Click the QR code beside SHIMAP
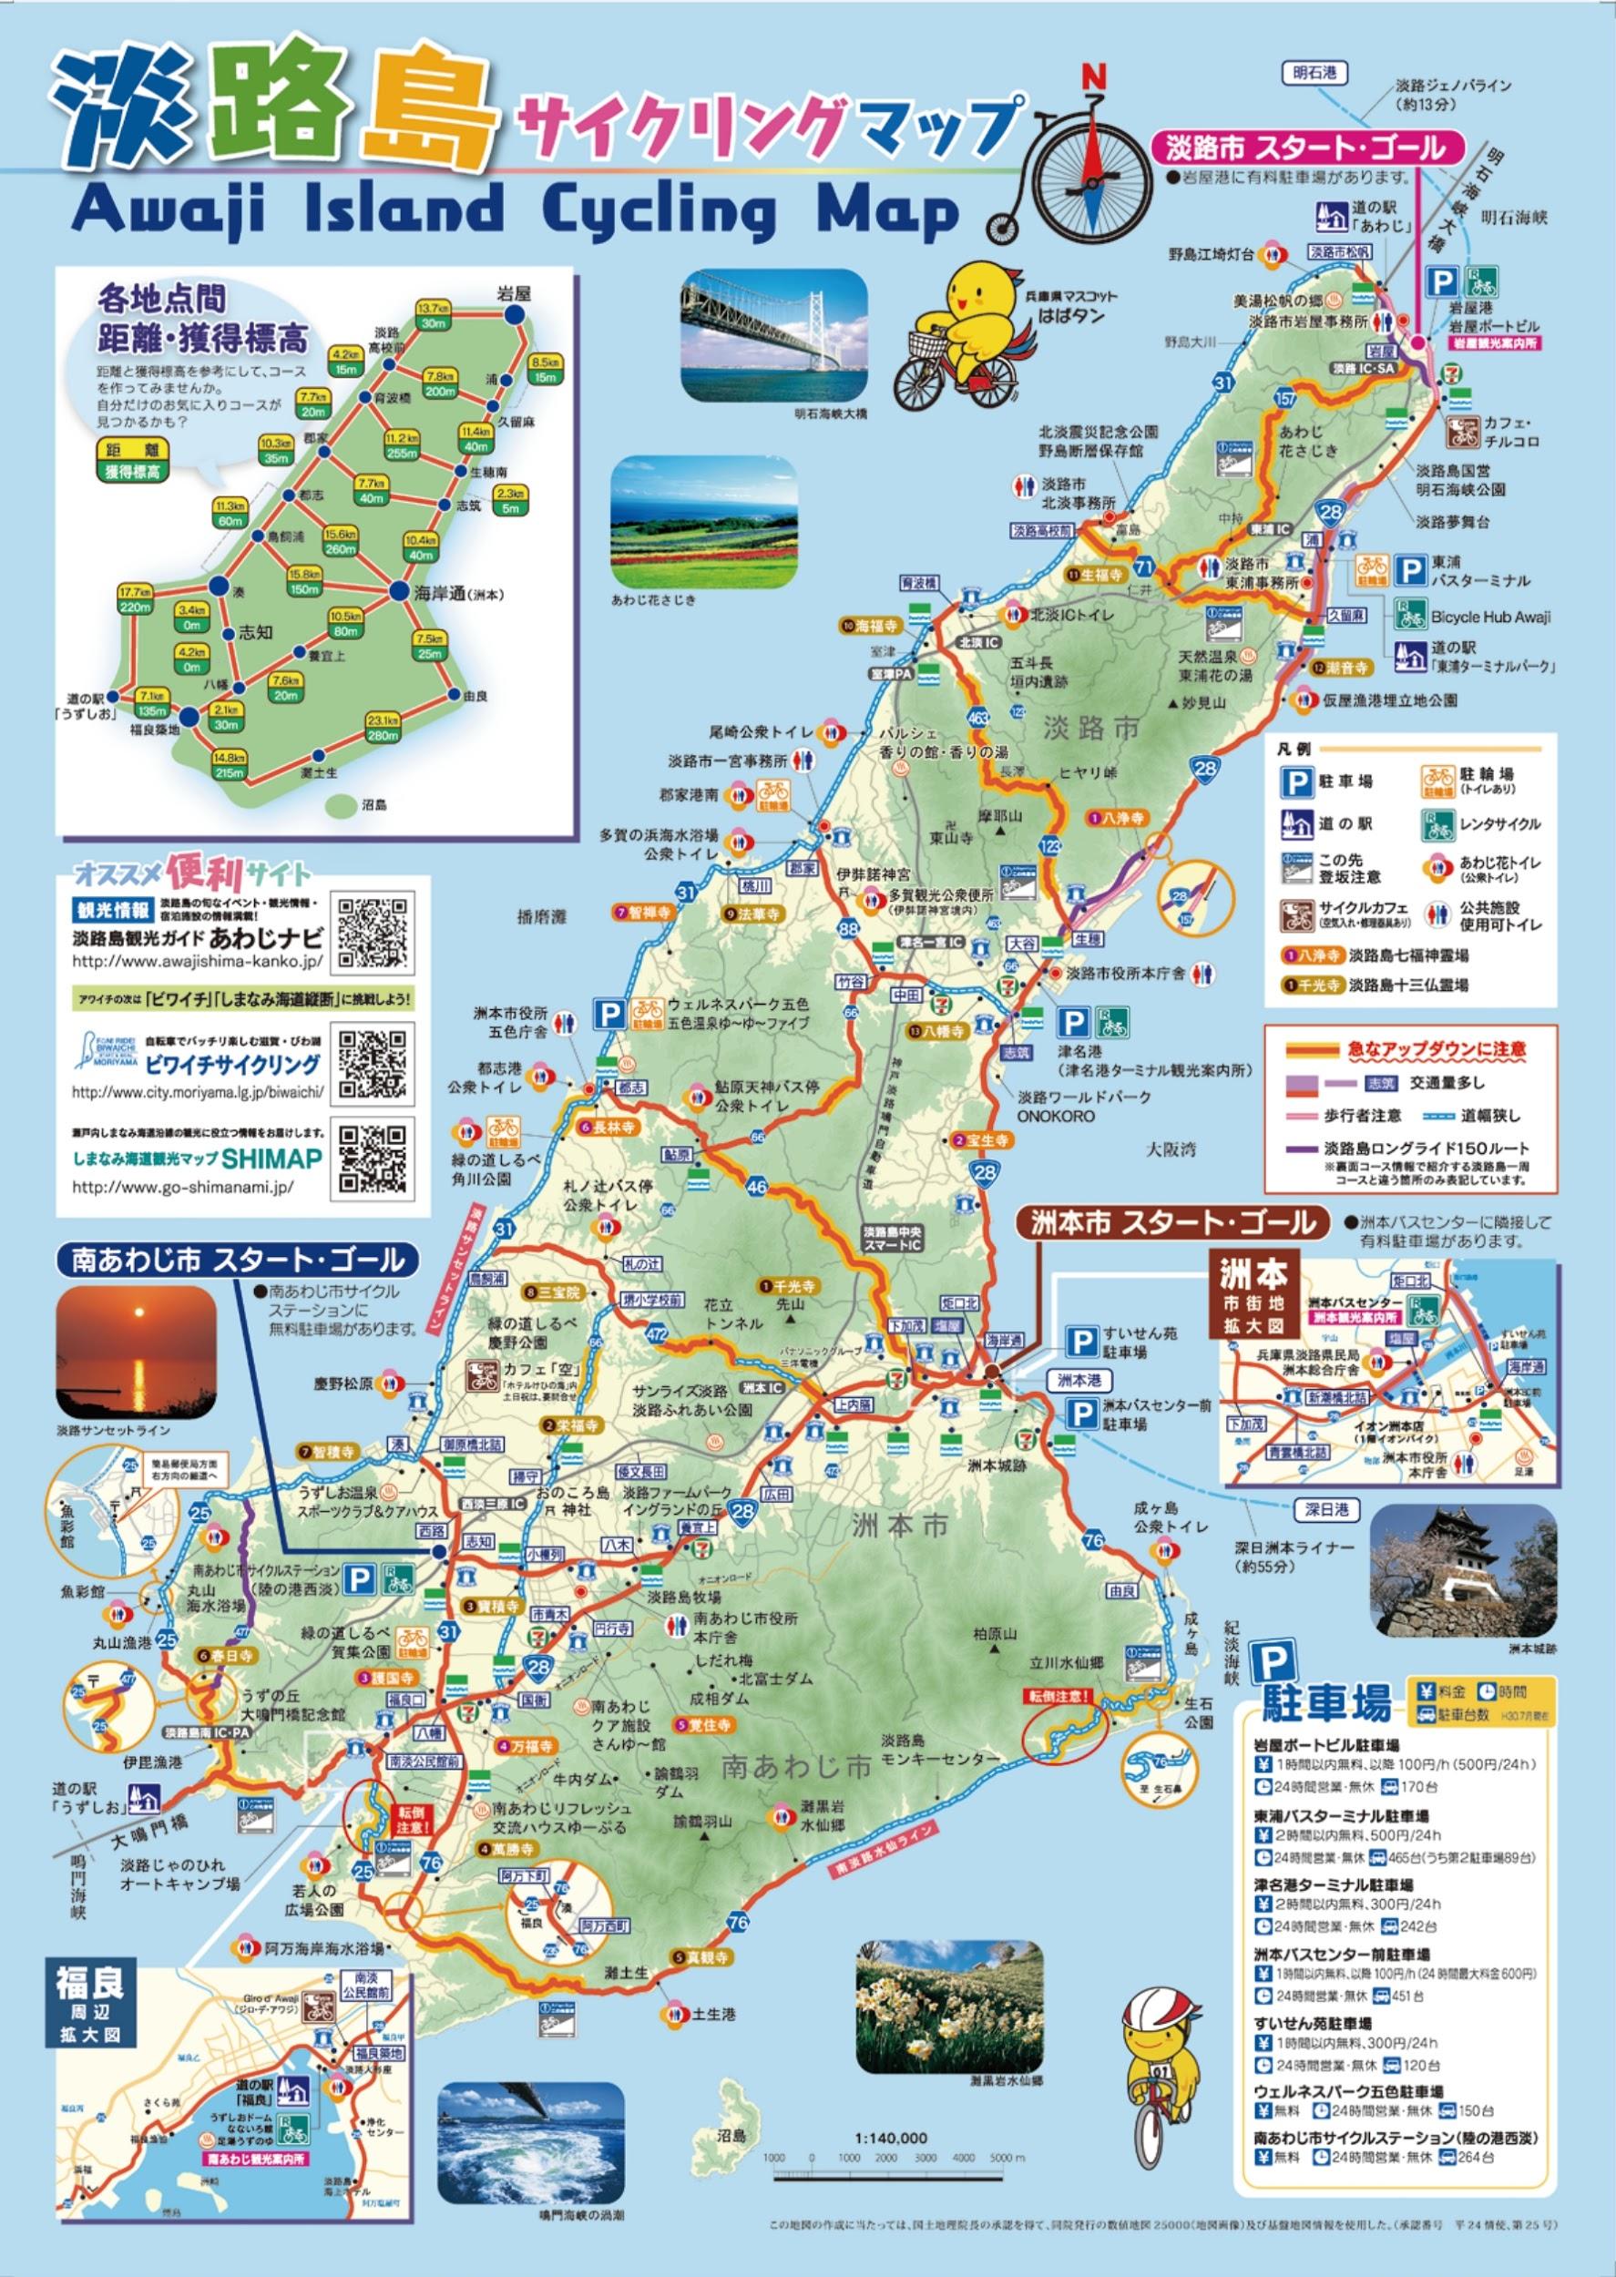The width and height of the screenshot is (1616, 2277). [373, 1159]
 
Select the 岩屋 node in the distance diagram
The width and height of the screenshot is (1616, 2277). [515, 315]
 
